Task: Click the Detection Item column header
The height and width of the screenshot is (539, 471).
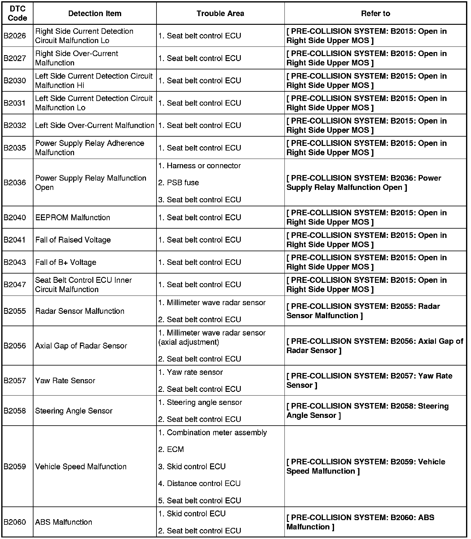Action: click(x=95, y=14)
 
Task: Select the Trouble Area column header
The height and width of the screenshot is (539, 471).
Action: click(x=220, y=14)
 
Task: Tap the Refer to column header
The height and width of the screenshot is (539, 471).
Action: click(x=375, y=14)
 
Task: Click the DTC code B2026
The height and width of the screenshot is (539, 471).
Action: click(x=15, y=36)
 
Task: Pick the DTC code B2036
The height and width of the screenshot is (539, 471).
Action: click(x=15, y=183)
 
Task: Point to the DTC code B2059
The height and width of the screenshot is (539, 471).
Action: click(x=15, y=467)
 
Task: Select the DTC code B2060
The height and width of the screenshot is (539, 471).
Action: click(x=15, y=522)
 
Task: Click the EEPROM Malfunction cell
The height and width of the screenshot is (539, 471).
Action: click(x=73, y=217)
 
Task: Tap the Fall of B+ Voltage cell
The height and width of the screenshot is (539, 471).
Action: click(x=66, y=262)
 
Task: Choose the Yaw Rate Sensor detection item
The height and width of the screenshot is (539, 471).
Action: click(x=65, y=380)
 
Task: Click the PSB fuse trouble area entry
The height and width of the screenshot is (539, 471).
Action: click(x=178, y=183)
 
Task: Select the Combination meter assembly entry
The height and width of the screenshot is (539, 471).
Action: click(x=213, y=432)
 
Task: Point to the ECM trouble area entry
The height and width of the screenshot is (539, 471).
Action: click(x=171, y=449)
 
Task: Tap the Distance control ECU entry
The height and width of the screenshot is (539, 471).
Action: click(x=200, y=483)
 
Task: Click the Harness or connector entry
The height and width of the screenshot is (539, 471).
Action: click(x=200, y=166)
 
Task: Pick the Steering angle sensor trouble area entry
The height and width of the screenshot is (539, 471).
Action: click(x=200, y=402)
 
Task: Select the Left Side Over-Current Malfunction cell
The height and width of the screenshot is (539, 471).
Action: click(x=95, y=125)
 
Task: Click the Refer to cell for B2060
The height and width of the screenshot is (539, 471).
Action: click(x=360, y=522)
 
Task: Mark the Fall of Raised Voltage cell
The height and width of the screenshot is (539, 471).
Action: click(x=73, y=240)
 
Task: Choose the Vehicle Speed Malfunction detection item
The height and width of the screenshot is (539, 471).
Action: click(x=81, y=467)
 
